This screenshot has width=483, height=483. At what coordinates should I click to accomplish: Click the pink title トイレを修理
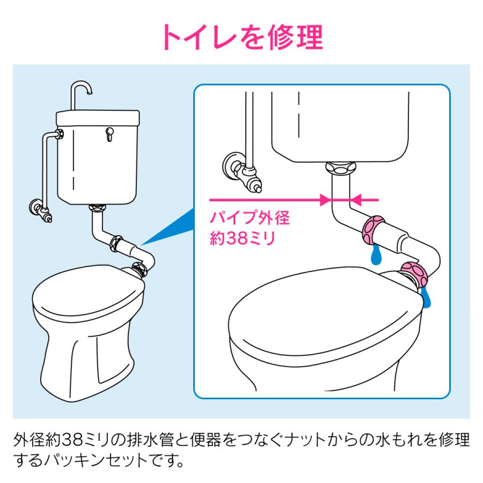coord(242,37)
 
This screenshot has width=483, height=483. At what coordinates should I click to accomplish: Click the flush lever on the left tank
coord(109,134)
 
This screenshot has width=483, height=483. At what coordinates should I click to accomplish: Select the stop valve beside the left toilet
coord(41,211)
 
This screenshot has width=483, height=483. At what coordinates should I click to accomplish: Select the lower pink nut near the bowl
coord(413,276)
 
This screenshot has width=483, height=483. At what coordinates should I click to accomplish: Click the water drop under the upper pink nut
coord(375,255)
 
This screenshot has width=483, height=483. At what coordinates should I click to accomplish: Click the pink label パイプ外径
coord(250,217)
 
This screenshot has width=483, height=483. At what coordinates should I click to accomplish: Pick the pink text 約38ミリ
coord(242,238)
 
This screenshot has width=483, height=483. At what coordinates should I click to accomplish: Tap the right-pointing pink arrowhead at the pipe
coord(326,200)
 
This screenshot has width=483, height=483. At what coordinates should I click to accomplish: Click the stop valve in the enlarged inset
coord(242,172)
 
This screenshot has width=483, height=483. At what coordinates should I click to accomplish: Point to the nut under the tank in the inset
coord(341,168)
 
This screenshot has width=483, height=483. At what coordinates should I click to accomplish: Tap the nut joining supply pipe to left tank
coord(60,134)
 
